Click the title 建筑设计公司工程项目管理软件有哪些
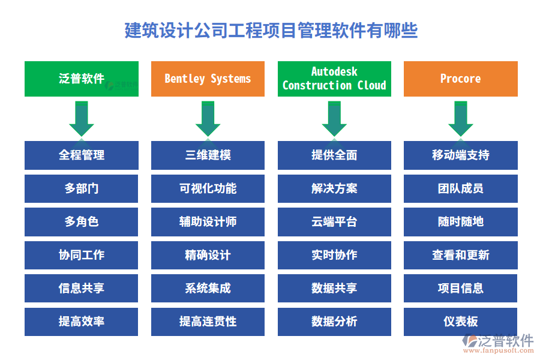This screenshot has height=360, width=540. (271, 30)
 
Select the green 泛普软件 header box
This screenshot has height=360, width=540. (82, 79)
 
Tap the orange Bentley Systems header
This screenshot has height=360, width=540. (208, 79)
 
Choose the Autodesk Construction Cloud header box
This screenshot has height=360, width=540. (334, 79)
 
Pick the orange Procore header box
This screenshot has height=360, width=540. (460, 79)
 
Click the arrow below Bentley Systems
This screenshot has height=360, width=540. (208, 118)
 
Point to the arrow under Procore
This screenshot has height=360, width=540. (460, 118)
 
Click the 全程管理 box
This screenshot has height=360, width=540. (82, 155)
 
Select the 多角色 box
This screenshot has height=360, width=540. (82, 222)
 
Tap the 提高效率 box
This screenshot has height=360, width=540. (82, 322)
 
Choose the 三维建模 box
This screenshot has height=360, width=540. (208, 155)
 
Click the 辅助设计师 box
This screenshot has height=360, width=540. (208, 222)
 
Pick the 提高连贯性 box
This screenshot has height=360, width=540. (208, 322)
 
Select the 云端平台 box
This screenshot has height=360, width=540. (334, 222)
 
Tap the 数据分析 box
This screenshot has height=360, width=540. (334, 322)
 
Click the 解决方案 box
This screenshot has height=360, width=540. (334, 188)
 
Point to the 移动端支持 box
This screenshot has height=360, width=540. (460, 155)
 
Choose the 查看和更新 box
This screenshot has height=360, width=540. (460, 255)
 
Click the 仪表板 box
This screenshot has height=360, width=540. (460, 322)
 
